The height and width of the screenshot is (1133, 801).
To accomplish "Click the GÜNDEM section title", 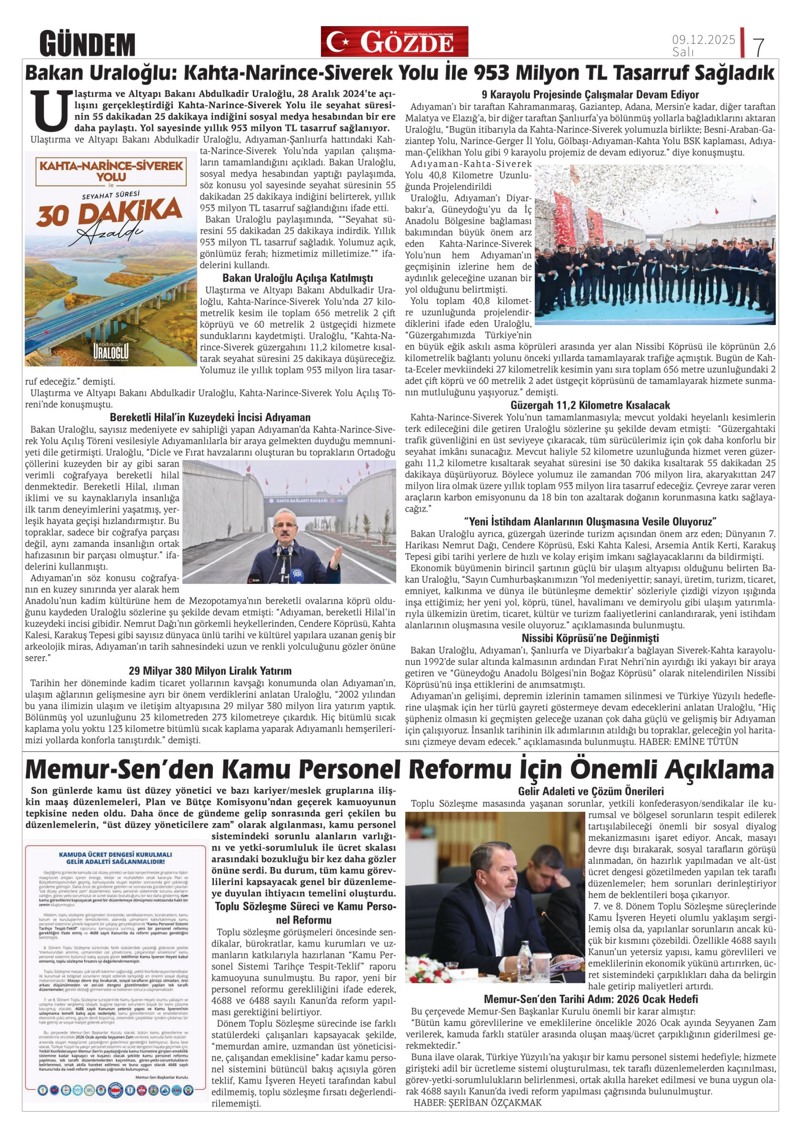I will [x=87, y=43].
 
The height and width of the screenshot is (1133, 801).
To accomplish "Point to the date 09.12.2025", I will [x=703, y=40].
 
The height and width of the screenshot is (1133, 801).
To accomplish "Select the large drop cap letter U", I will [x=48, y=109].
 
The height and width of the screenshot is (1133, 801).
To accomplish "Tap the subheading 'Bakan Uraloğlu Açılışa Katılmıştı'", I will [x=298, y=278].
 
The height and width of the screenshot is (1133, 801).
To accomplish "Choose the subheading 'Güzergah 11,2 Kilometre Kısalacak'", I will [x=590, y=405].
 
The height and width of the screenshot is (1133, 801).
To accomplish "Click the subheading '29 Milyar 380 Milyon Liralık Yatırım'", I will [x=210, y=671].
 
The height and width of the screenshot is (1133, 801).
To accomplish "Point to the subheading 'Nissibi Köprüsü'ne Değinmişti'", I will [x=590, y=638].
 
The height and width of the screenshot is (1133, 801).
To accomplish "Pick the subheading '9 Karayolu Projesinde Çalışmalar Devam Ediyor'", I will [x=590, y=95].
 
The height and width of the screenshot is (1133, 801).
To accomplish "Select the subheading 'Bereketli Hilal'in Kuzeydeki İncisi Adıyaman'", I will [x=210, y=417].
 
